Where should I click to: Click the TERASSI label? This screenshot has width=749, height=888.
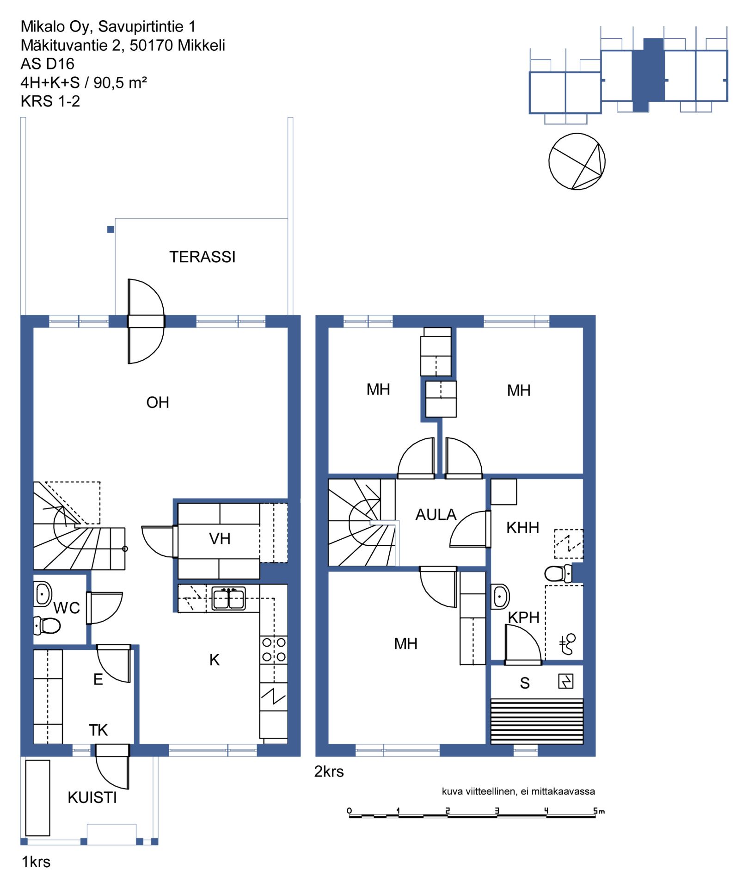pyautogui.click(x=203, y=257)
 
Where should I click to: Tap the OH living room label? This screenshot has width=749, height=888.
pyautogui.click(x=158, y=402)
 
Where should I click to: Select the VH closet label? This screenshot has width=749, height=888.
pyautogui.click(x=220, y=538)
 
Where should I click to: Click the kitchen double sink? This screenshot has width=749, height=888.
pyautogui.click(x=229, y=599)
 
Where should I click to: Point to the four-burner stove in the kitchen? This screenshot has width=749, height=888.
pyautogui.click(x=274, y=649)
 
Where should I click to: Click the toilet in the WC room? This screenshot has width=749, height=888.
pyautogui.click(x=47, y=626)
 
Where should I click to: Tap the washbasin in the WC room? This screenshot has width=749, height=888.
pyautogui.click(x=43, y=594)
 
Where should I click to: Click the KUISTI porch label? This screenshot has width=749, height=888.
pyautogui.click(x=92, y=797)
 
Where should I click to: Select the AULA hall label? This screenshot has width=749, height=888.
pyautogui.click(x=436, y=515)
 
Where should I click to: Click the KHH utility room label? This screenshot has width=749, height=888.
pyautogui.click(x=522, y=528)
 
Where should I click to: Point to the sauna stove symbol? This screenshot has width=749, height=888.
pyautogui.click(x=566, y=681)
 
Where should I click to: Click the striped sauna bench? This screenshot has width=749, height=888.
pyautogui.click(x=537, y=721)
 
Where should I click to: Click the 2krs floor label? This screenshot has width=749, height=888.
pyautogui.click(x=329, y=771)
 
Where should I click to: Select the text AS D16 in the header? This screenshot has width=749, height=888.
pyautogui.click(x=47, y=64)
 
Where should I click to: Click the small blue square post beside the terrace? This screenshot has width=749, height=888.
pyautogui.click(x=111, y=229)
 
